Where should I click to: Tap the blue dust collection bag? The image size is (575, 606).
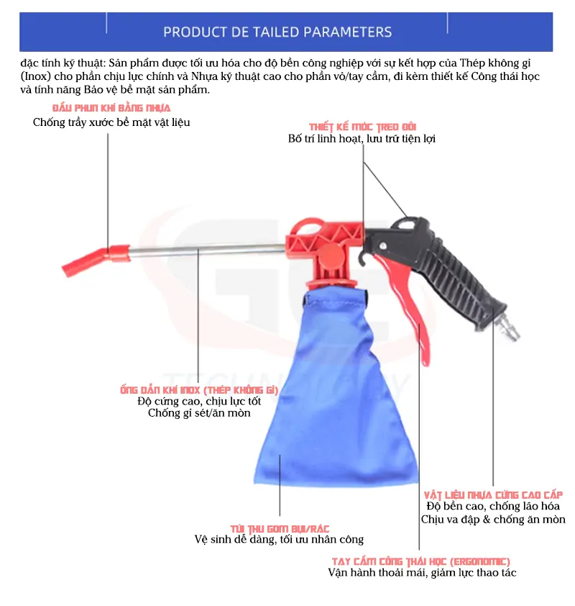coord(335,390)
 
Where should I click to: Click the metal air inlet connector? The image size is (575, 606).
coord(508,328)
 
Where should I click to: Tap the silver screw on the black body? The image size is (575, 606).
coord(382,246)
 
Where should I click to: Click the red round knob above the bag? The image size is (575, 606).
coord(331,255)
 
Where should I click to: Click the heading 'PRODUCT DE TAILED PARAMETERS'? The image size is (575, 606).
coord(277,32)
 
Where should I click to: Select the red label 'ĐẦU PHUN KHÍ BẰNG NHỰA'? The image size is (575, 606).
coord(111,108)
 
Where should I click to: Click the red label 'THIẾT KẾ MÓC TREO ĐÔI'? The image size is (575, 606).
coord(363,127)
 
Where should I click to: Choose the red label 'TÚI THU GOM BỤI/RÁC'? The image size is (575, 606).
coord(280,529)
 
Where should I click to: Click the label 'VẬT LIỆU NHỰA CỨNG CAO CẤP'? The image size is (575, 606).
coord(493,495)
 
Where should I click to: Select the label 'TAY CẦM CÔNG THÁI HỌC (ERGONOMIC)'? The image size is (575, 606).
coord(421,561)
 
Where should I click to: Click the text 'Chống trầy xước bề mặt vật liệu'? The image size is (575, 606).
coord(111,122)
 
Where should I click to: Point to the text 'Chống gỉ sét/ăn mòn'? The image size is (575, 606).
coord(199,413)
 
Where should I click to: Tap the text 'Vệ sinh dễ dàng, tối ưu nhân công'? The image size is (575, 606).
coord(279,540)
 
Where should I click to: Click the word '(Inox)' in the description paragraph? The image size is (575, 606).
coord(35,76)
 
